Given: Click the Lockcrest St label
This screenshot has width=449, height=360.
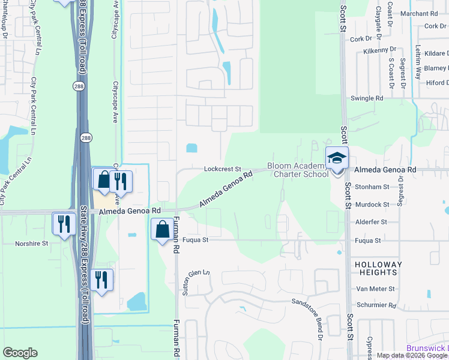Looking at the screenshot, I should (222, 169).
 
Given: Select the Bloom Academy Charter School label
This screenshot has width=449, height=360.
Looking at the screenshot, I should (298, 170).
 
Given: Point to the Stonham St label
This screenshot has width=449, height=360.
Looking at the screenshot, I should (372, 187).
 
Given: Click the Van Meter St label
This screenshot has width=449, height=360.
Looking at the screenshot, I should (375, 289).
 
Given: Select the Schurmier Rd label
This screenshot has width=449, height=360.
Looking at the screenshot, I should (375, 305).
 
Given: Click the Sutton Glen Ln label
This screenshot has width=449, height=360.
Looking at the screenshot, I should (197, 282).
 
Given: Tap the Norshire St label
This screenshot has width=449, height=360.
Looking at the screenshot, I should (32, 244).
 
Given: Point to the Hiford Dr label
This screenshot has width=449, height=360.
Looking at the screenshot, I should (436, 83).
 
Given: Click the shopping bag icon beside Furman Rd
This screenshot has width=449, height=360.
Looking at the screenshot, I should (162, 229).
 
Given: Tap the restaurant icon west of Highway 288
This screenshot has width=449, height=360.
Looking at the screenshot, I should (62, 223).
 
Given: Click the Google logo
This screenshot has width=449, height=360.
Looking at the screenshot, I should (20, 353).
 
